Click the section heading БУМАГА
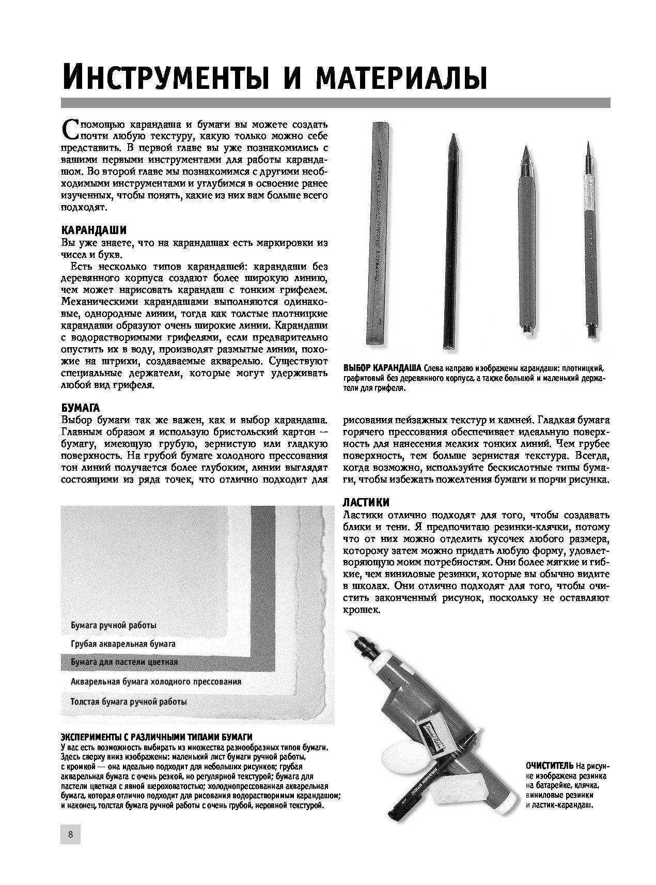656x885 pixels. point(80,407)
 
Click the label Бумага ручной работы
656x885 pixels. point(113,625)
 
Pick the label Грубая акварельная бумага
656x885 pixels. point(123,644)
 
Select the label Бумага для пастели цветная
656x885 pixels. point(124,662)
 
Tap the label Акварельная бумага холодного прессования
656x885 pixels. point(155,681)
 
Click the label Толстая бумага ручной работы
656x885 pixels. point(129,702)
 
